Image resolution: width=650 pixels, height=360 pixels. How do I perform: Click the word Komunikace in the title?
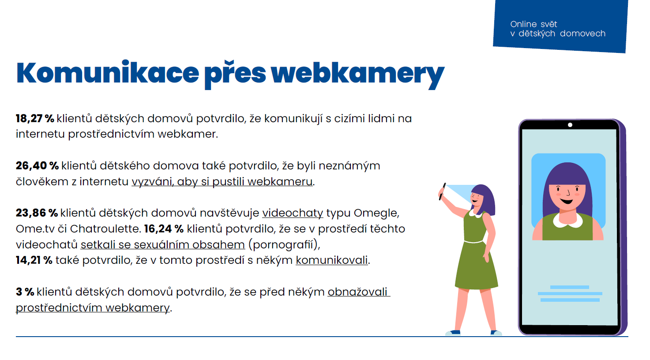[108, 73]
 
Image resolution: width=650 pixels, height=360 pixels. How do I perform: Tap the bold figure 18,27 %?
[35, 119]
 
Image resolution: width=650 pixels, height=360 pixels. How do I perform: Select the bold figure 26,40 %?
[37, 165]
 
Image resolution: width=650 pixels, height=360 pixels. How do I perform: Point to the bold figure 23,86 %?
[37, 213]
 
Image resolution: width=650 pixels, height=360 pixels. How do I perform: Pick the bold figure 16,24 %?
[164, 229]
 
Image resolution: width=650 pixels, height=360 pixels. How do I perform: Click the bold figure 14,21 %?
[34, 260]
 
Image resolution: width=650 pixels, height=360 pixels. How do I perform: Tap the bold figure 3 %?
[25, 292]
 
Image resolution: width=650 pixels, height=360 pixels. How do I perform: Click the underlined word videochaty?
[293, 214]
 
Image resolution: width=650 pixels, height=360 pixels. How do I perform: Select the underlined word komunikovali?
[332, 260]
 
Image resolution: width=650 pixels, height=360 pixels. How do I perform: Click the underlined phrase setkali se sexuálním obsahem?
[163, 244]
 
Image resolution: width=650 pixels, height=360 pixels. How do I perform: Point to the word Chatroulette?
[105, 229]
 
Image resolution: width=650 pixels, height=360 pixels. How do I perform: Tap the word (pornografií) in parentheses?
[284, 245]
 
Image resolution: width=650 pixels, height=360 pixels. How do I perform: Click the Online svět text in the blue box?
[534, 24]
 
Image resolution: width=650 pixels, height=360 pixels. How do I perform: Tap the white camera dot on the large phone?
[570, 125]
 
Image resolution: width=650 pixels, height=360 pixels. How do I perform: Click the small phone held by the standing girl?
[442, 191]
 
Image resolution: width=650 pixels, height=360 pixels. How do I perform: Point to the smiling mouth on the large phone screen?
[567, 201]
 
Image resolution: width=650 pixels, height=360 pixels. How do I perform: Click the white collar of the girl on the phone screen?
[567, 221]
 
